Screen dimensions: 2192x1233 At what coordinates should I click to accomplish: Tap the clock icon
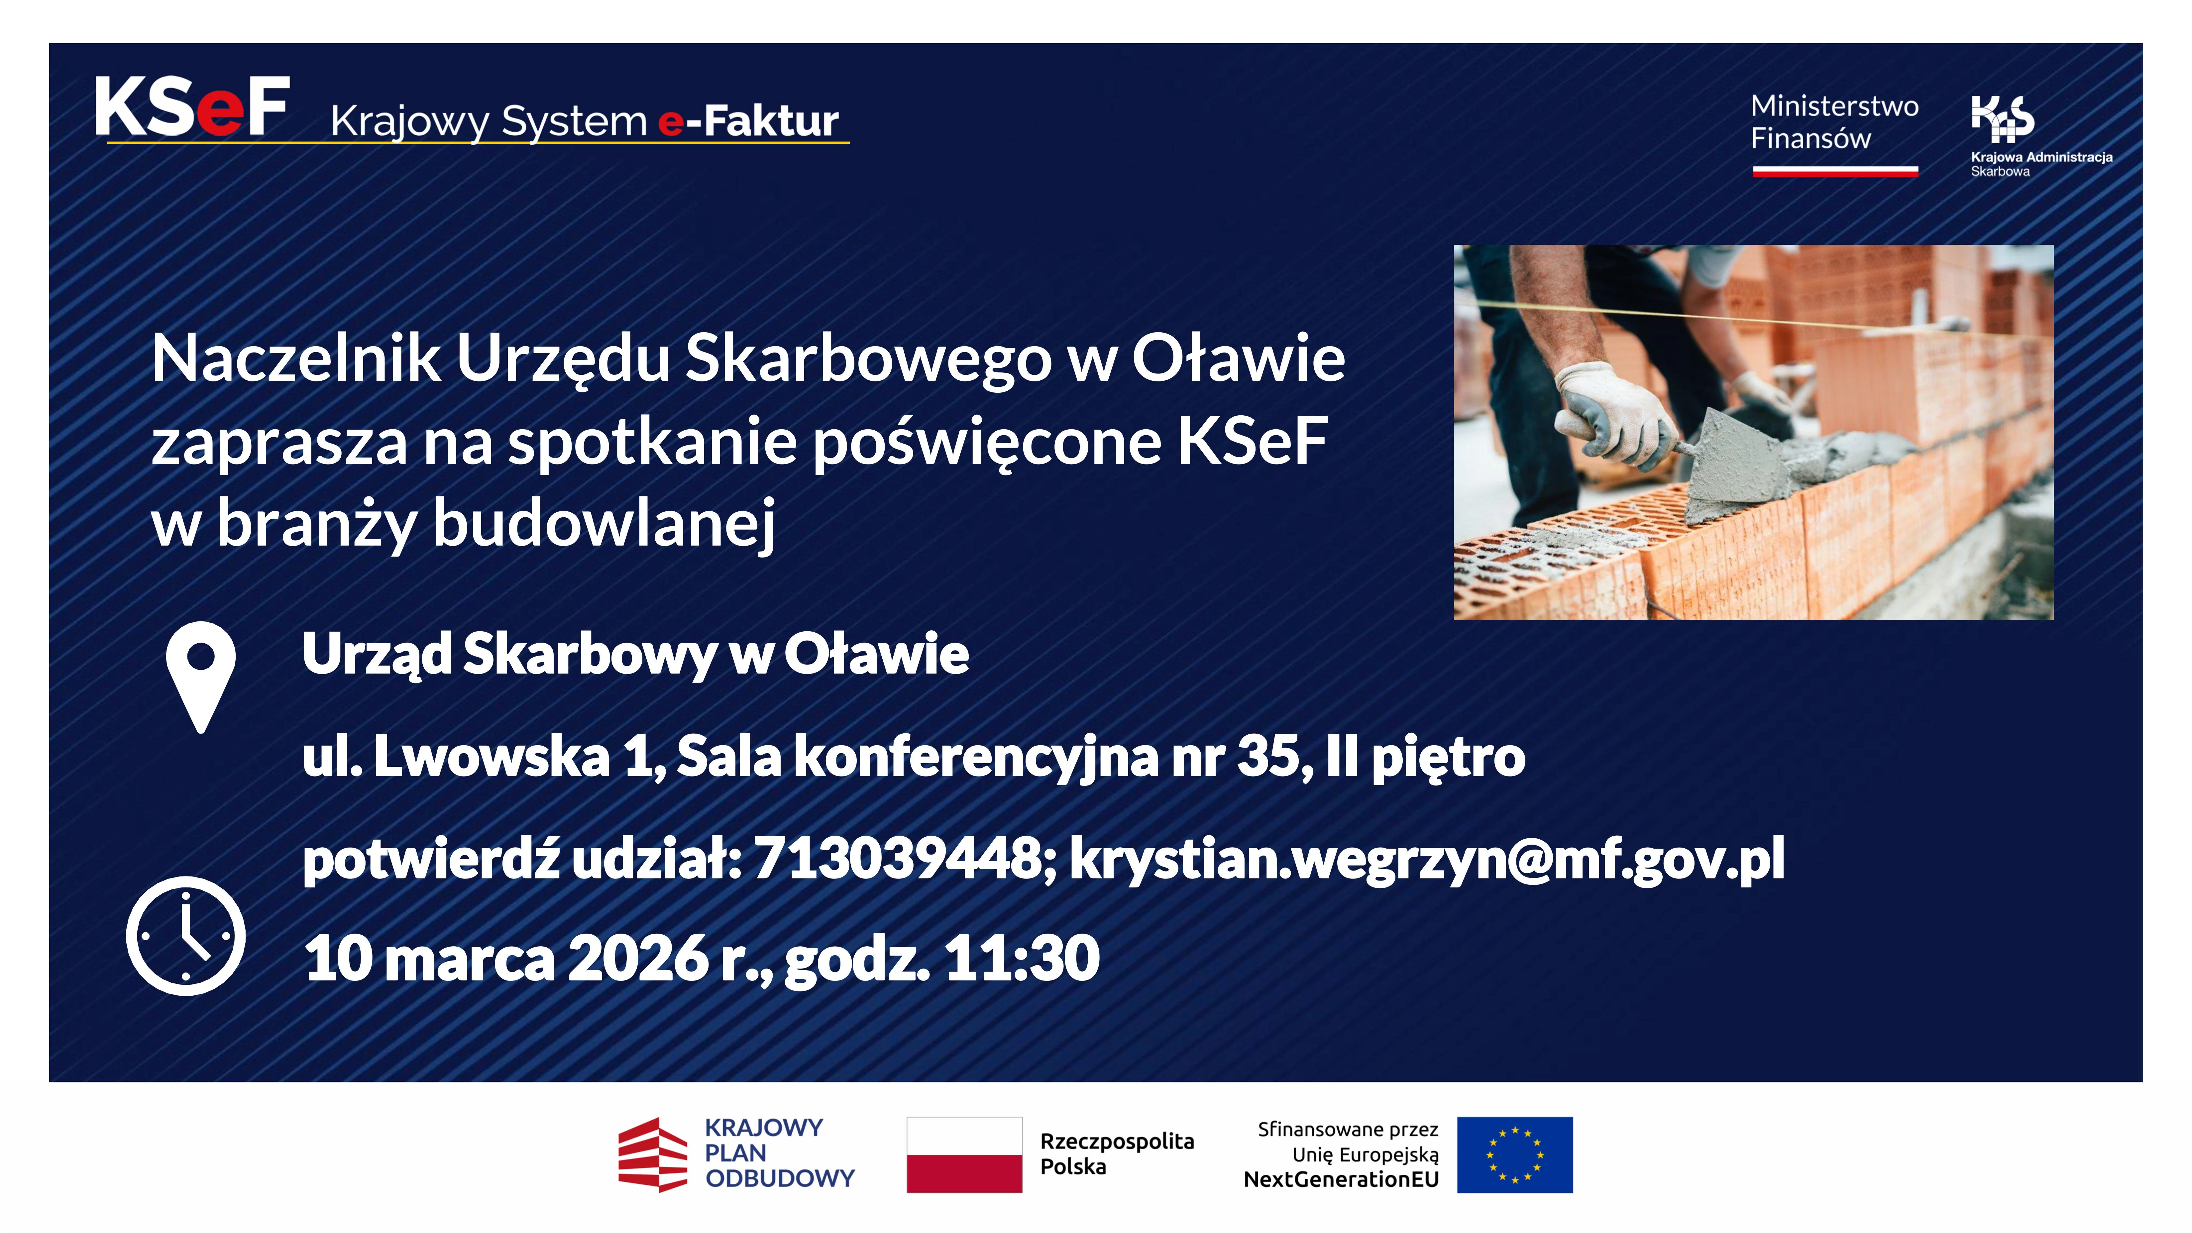pos(185,935)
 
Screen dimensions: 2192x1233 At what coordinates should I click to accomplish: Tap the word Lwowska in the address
pos(492,756)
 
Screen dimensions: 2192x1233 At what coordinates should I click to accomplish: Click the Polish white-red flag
pos(964,1155)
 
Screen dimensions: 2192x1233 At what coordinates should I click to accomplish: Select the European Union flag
pos(1515,1155)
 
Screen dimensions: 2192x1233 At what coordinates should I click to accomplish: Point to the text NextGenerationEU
pos(1341,1180)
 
